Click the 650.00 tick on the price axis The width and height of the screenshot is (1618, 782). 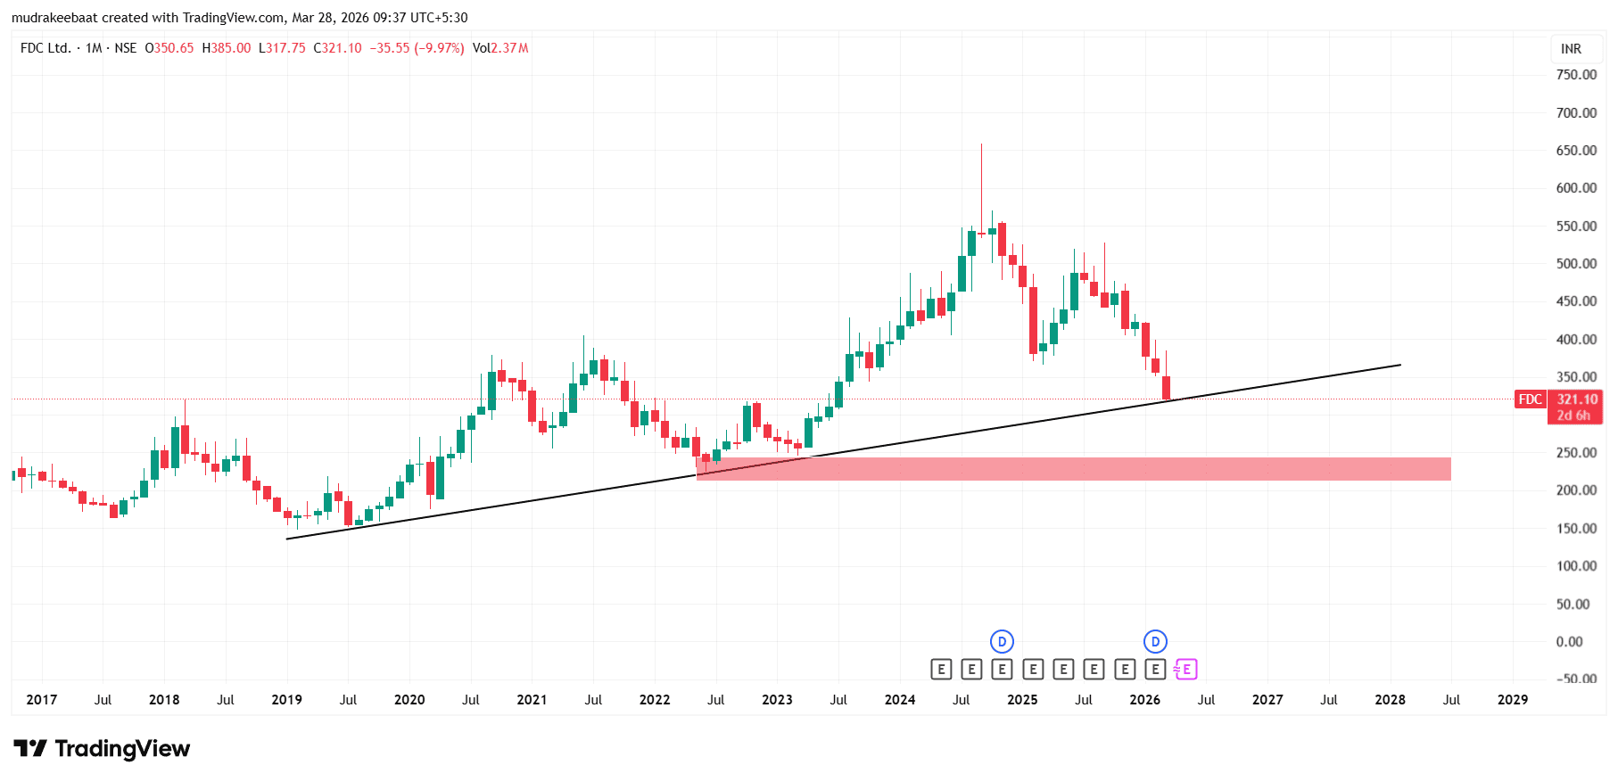tap(1575, 150)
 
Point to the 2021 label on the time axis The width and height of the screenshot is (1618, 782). tap(532, 700)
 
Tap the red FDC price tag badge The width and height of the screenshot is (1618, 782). tap(1530, 399)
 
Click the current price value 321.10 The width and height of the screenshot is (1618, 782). tap(1577, 399)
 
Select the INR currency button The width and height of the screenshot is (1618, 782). tap(1571, 49)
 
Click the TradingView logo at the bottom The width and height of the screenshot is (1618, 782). tap(102, 748)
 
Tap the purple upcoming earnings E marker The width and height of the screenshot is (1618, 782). tap(1185, 670)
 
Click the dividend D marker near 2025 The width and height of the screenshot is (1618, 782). tap(1002, 641)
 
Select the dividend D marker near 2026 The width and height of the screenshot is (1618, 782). tap(1155, 641)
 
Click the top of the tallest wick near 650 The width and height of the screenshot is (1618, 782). tap(981, 144)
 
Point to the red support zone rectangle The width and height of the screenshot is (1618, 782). tap(1070, 469)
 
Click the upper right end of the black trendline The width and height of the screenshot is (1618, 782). tap(1399, 365)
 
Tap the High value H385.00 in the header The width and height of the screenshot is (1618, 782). tap(227, 48)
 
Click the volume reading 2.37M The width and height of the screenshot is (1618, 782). tap(509, 48)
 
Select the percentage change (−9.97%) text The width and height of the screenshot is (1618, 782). tap(439, 48)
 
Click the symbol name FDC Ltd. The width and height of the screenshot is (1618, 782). tap(45, 48)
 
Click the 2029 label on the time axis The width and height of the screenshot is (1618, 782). tap(1512, 700)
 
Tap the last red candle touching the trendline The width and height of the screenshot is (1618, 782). tap(1166, 388)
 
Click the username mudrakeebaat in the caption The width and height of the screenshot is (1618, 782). tap(54, 18)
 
